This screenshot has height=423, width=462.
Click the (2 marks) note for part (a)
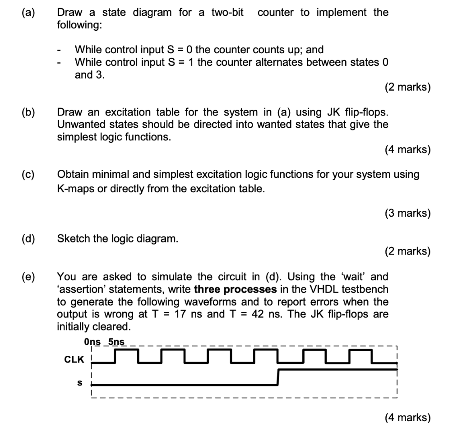click(x=408, y=87)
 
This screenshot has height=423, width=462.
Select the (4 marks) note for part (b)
click(x=408, y=149)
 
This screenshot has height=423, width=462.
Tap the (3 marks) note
click(x=408, y=213)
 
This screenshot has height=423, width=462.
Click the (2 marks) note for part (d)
click(x=408, y=251)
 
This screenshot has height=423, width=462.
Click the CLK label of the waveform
click(x=74, y=360)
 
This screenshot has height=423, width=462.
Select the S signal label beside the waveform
click(x=80, y=382)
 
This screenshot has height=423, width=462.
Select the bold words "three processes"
click(x=231, y=289)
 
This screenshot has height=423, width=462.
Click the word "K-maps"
click(x=75, y=189)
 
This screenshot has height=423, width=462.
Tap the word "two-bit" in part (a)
click(x=227, y=13)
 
